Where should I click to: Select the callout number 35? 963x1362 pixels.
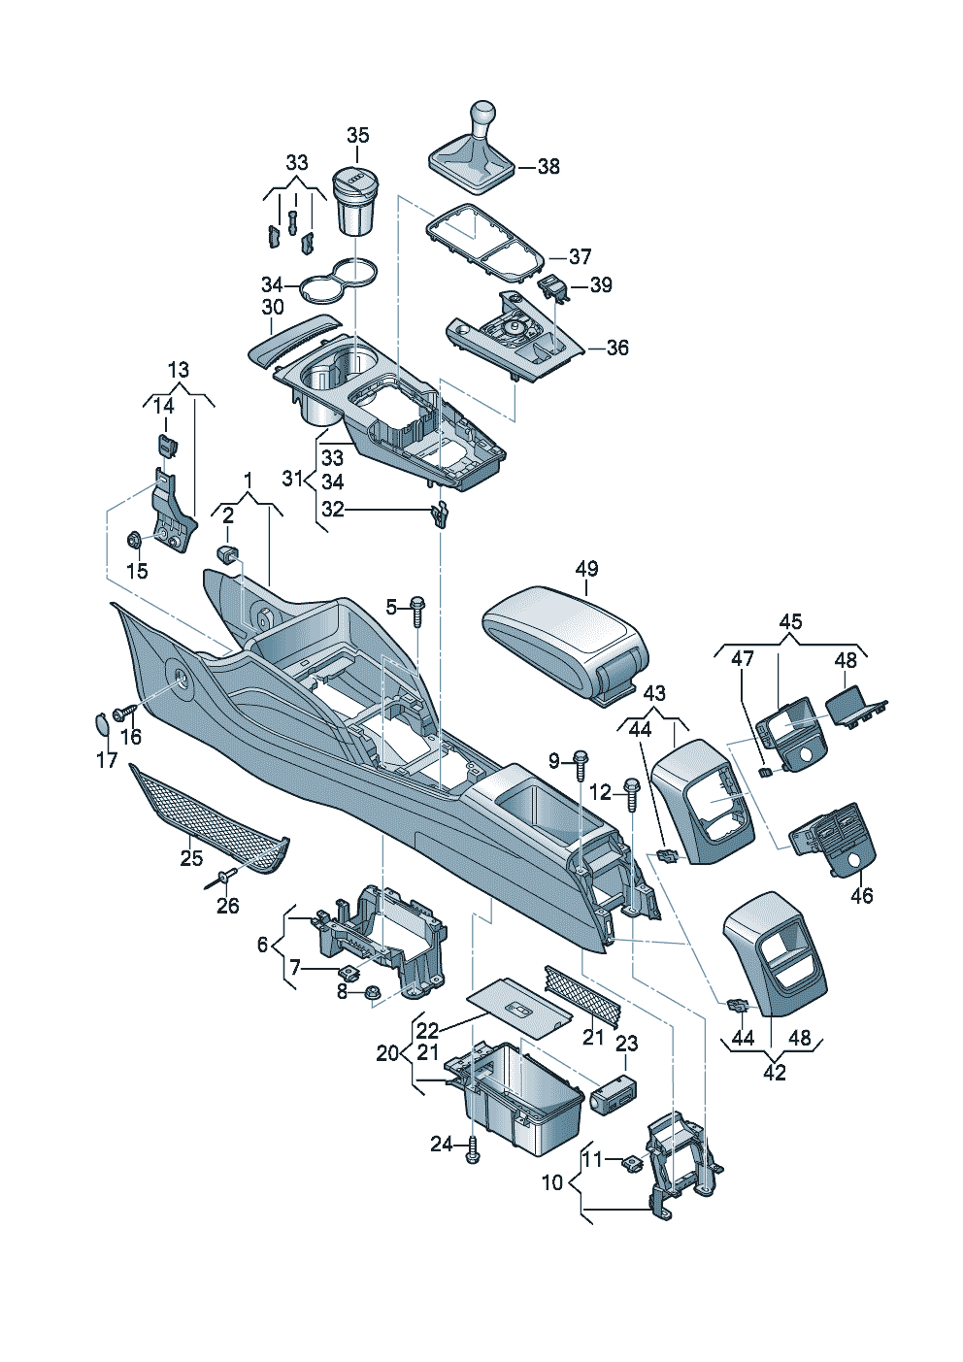[x=358, y=136]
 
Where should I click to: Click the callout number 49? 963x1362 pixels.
[x=586, y=569]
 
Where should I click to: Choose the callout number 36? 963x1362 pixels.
[x=617, y=348]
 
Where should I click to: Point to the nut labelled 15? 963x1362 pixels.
[x=135, y=539]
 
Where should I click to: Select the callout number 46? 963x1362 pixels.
[x=861, y=895]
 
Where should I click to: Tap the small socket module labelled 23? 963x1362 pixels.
[x=613, y=1093]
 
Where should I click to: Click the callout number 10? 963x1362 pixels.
[x=552, y=1183]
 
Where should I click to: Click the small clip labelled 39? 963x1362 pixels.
[x=552, y=285]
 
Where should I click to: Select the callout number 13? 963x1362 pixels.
[x=179, y=370]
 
